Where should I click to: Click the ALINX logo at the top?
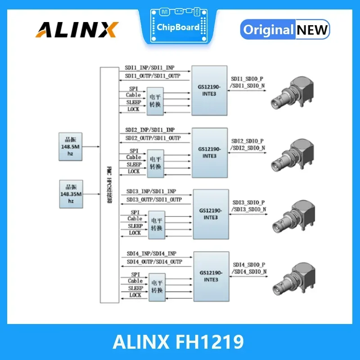coord(77,29)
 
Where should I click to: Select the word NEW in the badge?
coord(312,30)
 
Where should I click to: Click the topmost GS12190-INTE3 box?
coord(209,90)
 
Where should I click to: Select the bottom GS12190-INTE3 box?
coord(211,276)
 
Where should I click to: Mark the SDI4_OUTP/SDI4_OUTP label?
coord(154,261)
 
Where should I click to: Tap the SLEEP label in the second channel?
coord(134,164)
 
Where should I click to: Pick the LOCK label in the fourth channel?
coord(135,295)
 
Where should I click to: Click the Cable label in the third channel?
coord(135,219)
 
